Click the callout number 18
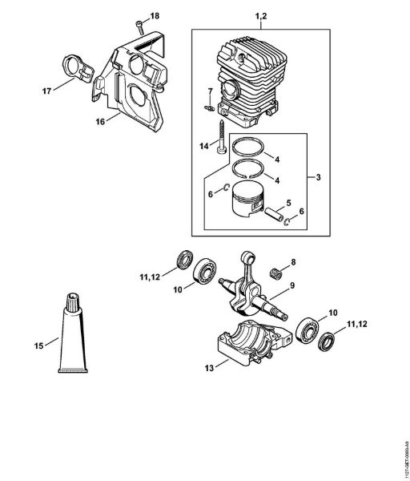(155, 16)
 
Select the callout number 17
(47, 91)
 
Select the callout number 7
(211, 90)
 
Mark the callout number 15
(39, 346)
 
